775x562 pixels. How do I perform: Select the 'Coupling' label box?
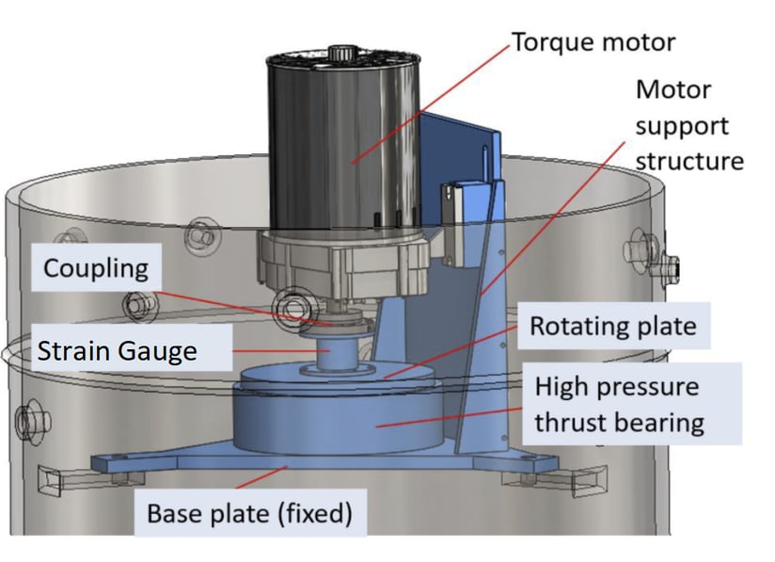tap(96, 268)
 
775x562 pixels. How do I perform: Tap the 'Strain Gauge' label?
tap(118, 352)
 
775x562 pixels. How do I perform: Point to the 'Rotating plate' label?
tap(612, 327)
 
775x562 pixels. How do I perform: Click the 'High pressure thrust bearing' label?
tap(619, 404)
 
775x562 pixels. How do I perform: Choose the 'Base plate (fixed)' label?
tap(249, 514)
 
